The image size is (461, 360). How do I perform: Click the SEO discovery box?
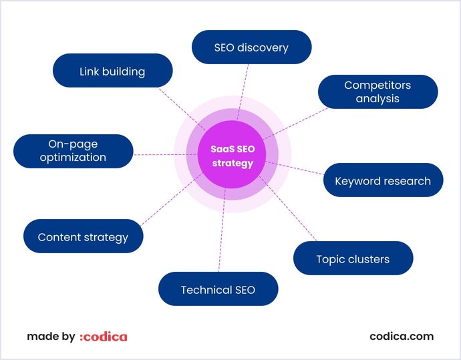pyautogui.click(x=251, y=47)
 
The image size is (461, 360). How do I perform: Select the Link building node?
pyautogui.click(x=112, y=71)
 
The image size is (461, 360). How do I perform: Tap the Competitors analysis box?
pyautogui.click(x=377, y=92)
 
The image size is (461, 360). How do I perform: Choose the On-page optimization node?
pyautogui.click(x=73, y=151)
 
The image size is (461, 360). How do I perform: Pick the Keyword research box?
pyautogui.click(x=383, y=180)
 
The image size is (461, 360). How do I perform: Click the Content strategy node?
pyautogui.click(x=83, y=236)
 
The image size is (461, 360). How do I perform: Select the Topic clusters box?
pyautogui.click(x=353, y=258)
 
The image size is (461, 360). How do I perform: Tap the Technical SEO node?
pyautogui.click(x=218, y=289)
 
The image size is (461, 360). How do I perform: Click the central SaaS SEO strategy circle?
pyautogui.click(x=232, y=157)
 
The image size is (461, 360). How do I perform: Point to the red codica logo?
pyautogui.click(x=103, y=337)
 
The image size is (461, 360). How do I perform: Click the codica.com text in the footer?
pyautogui.click(x=402, y=337)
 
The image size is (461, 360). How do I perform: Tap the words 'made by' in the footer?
pyautogui.click(x=51, y=337)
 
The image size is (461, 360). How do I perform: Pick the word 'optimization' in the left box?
pyautogui.click(x=73, y=158)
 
